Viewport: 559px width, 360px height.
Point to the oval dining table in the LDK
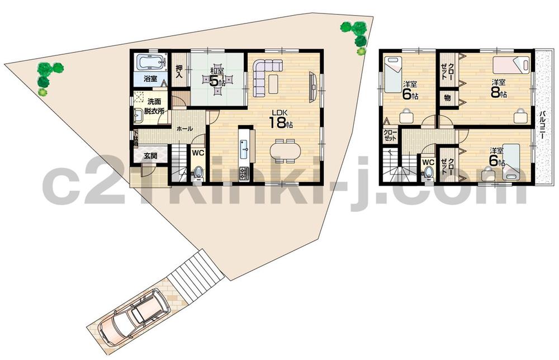(x=285, y=151)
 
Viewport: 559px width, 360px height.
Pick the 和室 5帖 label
(x=217, y=78)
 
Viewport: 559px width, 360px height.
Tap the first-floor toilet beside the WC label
(x=198, y=170)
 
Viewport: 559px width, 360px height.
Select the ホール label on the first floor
(x=184, y=129)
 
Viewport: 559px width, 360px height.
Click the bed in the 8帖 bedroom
(x=511, y=65)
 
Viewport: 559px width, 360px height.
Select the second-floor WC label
(x=428, y=162)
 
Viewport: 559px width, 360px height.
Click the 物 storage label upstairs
(x=448, y=98)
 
